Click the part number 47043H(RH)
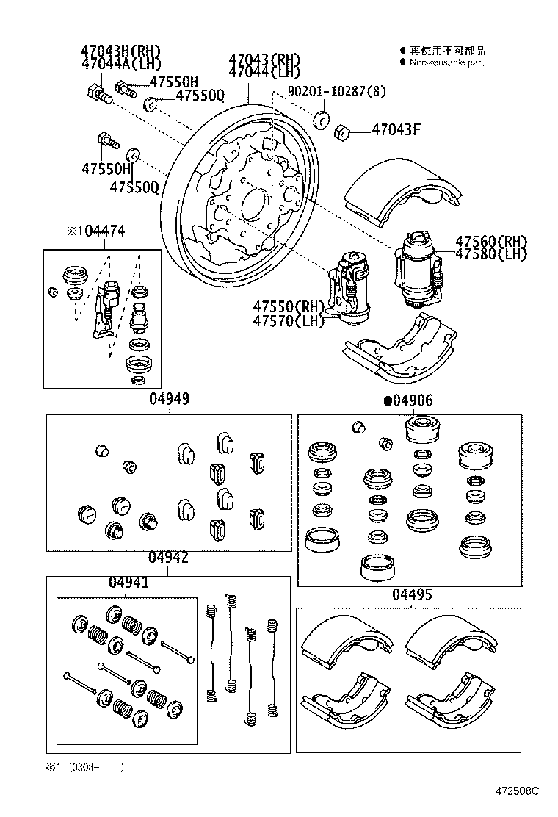pyautogui.click(x=121, y=51)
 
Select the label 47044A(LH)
pyautogui.click(x=121, y=64)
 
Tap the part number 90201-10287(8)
pyautogui.click(x=337, y=91)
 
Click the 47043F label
pyautogui.click(x=396, y=131)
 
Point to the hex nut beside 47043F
pyautogui.click(x=340, y=132)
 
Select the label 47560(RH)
pyautogui.click(x=491, y=241)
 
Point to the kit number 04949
pyautogui.click(x=170, y=399)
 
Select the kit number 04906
pyautogui.click(x=413, y=400)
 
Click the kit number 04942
pyautogui.click(x=168, y=558)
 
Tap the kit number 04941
pyautogui.click(x=128, y=583)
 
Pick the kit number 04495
pyautogui.click(x=412, y=594)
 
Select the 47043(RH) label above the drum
pyautogui.click(x=264, y=59)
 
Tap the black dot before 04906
pyautogui.click(x=387, y=401)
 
